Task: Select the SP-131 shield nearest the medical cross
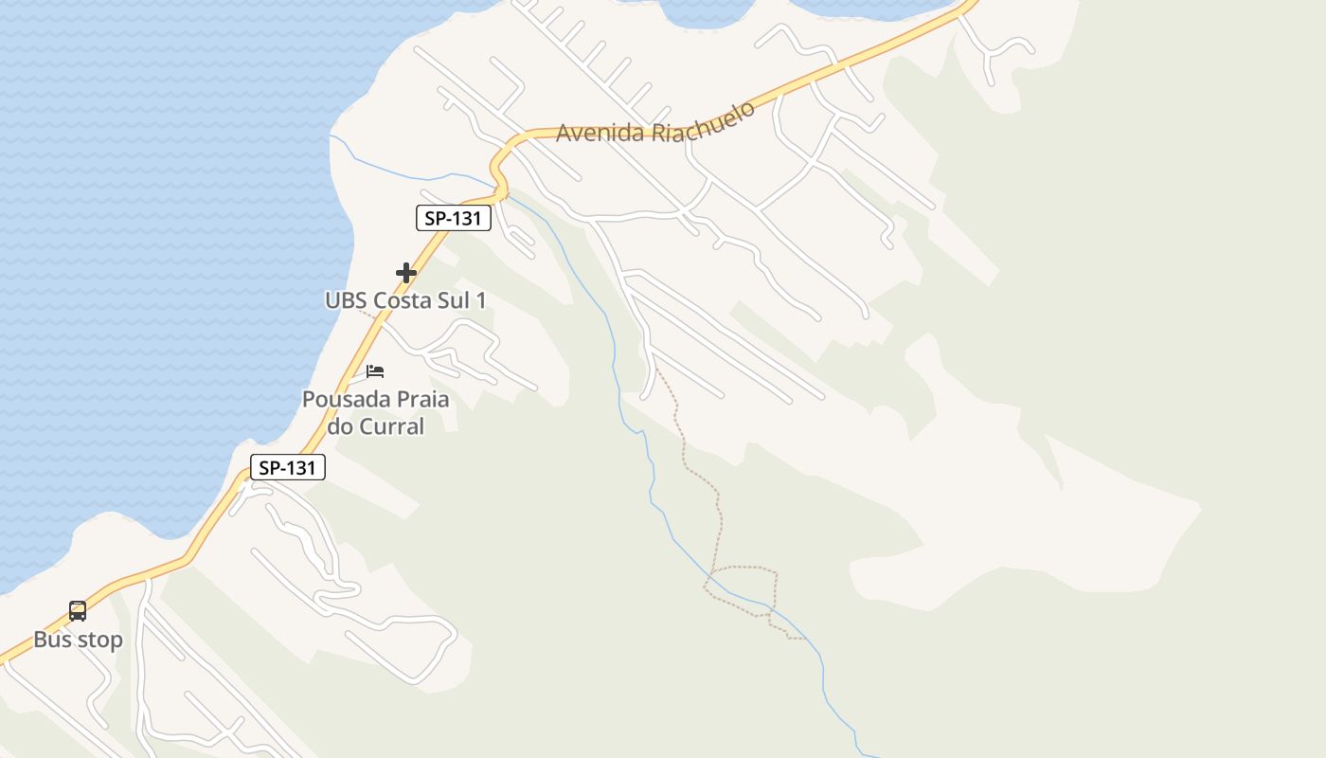(454, 218)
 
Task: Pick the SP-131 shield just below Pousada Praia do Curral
(288, 467)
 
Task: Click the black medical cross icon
(406, 273)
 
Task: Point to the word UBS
(346, 300)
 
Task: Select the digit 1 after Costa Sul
(481, 300)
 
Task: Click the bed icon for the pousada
(375, 370)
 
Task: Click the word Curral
(391, 426)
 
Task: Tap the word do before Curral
(340, 426)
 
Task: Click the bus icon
(78, 611)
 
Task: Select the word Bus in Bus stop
(53, 640)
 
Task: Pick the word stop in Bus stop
(99, 641)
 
